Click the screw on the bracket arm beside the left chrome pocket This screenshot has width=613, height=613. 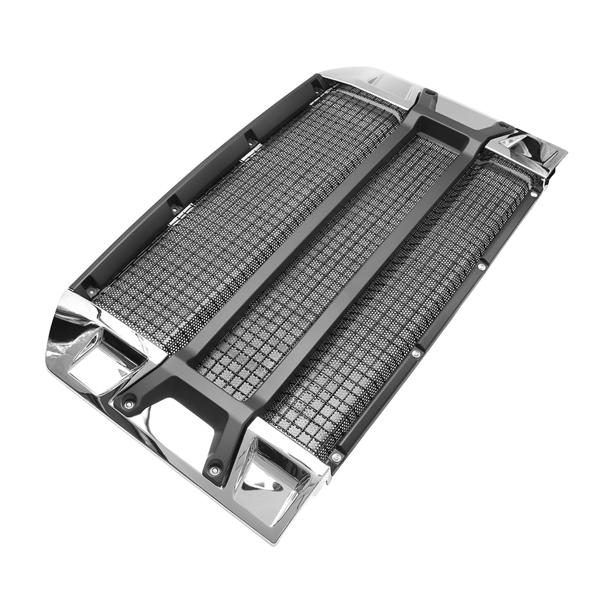click(x=128, y=403)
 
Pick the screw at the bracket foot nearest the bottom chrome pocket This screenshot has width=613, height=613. click(x=214, y=470)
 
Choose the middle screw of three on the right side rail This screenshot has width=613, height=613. click(x=416, y=354)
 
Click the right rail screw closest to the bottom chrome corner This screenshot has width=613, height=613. click(x=336, y=457)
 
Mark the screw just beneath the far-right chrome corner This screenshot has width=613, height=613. click(x=535, y=193)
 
